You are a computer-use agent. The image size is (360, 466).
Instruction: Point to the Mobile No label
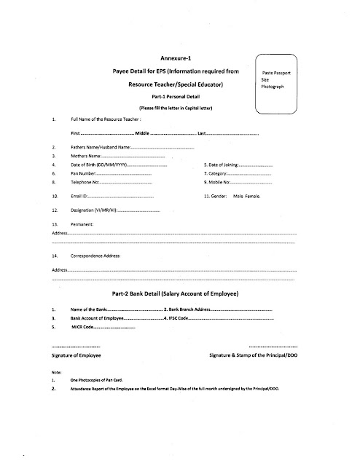pos(219,183)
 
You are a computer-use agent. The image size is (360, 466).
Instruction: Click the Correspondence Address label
pos(95,256)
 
